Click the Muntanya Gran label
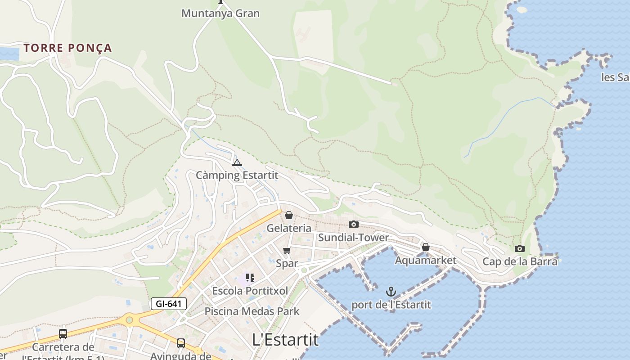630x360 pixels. click(x=220, y=13)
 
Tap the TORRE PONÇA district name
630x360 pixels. click(x=67, y=48)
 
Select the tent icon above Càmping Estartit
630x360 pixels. click(x=237, y=162)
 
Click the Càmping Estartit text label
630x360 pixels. click(x=237, y=175)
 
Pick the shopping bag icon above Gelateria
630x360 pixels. click(x=289, y=216)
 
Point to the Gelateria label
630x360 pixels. click(x=289, y=228)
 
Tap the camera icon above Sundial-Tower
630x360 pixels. click(x=354, y=224)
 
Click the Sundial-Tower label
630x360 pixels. click(x=354, y=237)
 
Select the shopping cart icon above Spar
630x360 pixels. click(x=287, y=250)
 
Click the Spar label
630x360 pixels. click(x=287, y=263)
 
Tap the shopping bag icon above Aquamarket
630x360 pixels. click(x=425, y=247)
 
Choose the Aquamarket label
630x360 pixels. click(x=425, y=260)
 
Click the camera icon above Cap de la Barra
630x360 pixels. click(x=520, y=248)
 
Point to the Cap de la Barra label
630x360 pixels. click(x=520, y=261)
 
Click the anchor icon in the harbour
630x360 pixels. click(x=391, y=292)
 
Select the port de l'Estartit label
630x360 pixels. click(x=391, y=305)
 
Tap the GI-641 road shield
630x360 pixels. click(x=168, y=304)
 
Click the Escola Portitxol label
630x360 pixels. click(x=250, y=291)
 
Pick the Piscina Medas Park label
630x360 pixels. click(x=252, y=311)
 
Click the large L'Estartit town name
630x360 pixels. click(x=285, y=339)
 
